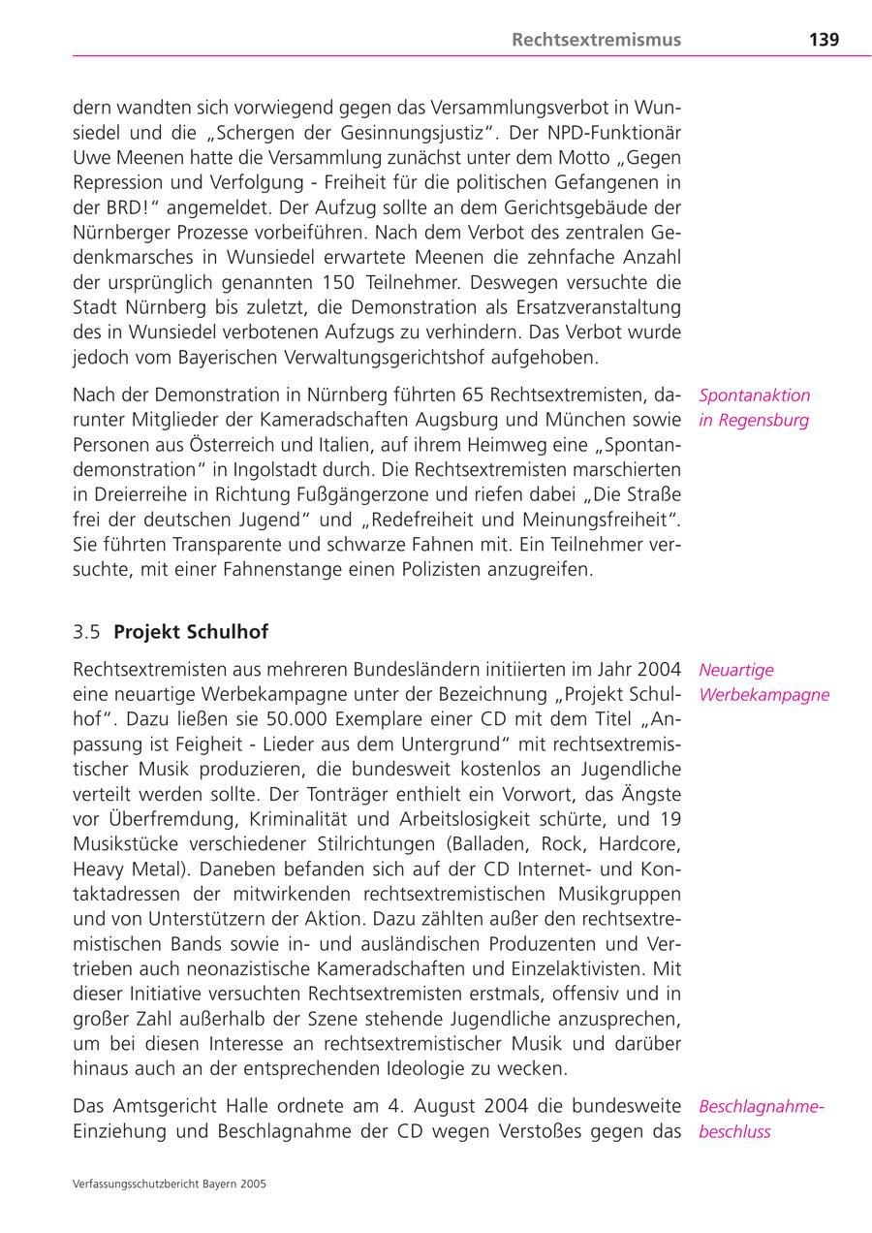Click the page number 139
(x=824, y=40)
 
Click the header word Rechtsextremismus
(x=596, y=40)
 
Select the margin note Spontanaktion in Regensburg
(x=754, y=408)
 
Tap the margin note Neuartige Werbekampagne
(x=763, y=682)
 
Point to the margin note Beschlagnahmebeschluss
(x=761, y=1119)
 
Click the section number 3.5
(x=86, y=632)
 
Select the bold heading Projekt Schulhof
(x=191, y=632)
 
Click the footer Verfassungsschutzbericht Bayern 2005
(x=170, y=1184)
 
